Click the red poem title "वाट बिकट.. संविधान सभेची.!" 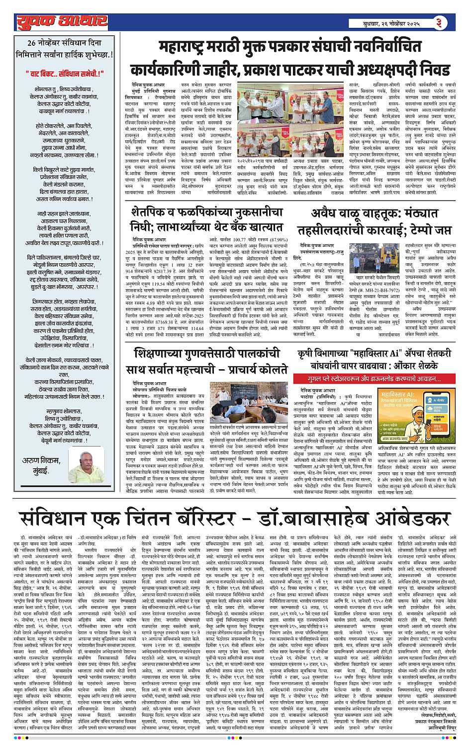tap(65, 74)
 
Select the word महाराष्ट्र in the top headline tap(185, 49)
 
